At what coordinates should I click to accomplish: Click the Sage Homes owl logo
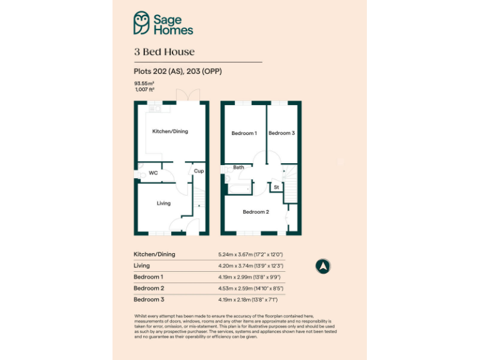(142, 23)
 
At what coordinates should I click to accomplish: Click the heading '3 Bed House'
(164, 52)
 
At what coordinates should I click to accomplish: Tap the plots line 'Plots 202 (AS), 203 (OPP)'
(177, 71)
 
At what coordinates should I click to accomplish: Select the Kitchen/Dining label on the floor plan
(171, 131)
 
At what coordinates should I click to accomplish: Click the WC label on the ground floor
(153, 172)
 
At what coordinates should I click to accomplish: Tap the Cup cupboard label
(199, 171)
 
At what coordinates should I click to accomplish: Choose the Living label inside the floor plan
(163, 203)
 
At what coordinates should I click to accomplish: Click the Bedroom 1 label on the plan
(244, 133)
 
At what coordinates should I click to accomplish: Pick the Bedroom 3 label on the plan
(281, 133)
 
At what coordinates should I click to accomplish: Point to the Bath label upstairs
(239, 167)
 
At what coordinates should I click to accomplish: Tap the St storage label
(276, 187)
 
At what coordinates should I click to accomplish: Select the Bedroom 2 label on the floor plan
(256, 212)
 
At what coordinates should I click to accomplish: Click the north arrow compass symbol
(323, 266)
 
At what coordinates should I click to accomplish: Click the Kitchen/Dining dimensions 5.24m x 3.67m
(251, 254)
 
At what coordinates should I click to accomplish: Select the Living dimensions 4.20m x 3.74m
(251, 266)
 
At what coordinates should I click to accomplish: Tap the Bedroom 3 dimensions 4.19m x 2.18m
(251, 299)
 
